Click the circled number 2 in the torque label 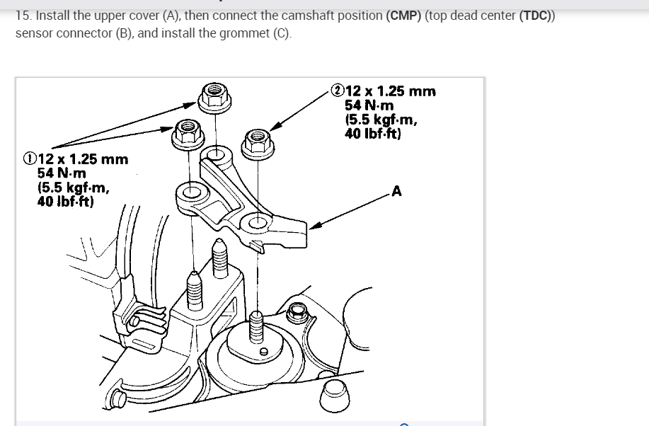coord(338,91)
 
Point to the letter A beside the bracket coord(396,190)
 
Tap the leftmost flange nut coord(188,132)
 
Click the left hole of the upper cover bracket coord(190,191)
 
